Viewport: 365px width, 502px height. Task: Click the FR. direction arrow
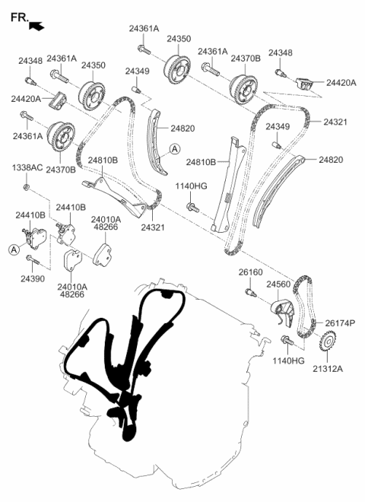[x=36, y=27]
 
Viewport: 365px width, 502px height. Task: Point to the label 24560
[x=279, y=284]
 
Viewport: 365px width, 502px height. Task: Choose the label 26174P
[x=340, y=324]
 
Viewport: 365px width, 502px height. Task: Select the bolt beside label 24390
[x=33, y=259]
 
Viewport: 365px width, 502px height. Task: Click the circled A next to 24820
[x=174, y=150]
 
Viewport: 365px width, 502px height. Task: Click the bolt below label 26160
[x=250, y=290]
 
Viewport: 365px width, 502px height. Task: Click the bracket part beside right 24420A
[x=304, y=83]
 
